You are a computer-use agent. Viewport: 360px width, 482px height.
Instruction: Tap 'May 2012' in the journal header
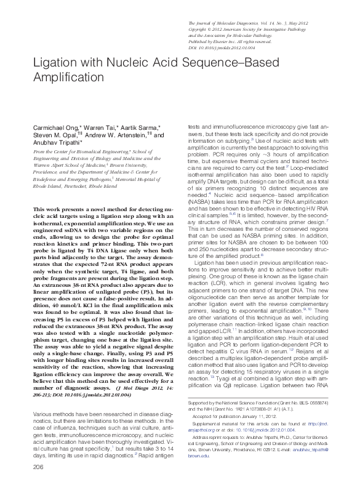tap(311, 23)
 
